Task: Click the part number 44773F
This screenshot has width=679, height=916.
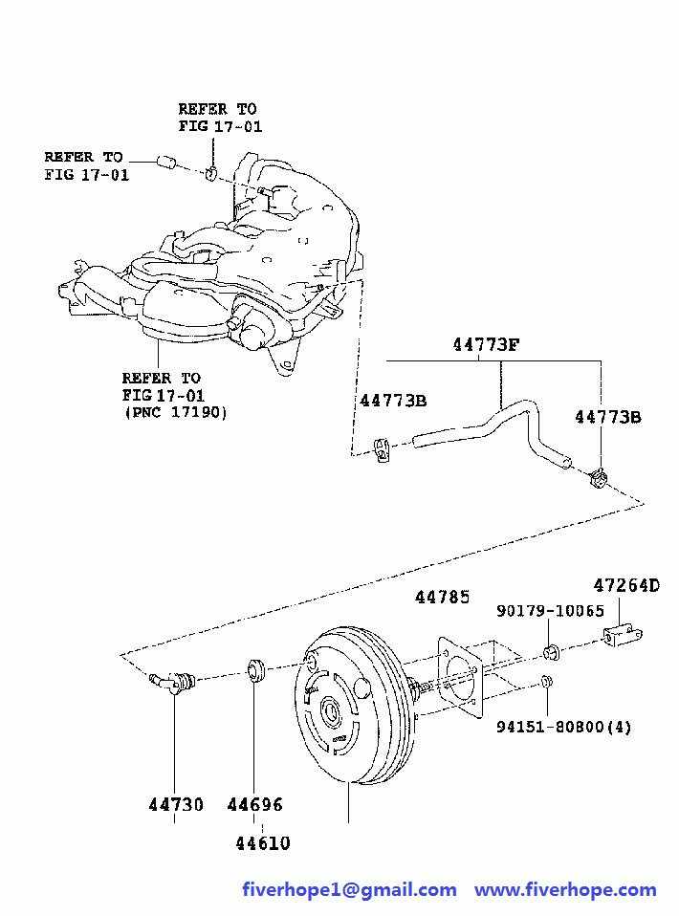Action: (485, 345)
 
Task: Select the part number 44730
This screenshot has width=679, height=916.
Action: (175, 805)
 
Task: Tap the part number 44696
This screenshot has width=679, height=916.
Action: (254, 805)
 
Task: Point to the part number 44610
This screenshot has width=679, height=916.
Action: (262, 843)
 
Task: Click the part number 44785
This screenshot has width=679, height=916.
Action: (442, 598)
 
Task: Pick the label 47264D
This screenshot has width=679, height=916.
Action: (627, 585)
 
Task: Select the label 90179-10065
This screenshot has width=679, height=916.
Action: (550, 612)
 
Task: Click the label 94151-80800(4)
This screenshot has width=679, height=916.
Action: (564, 727)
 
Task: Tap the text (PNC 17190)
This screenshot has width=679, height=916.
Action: (175, 412)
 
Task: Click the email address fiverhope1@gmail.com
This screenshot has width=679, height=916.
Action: (349, 890)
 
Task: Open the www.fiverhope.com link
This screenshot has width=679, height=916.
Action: (565, 890)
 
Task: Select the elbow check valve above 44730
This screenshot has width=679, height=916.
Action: (174, 683)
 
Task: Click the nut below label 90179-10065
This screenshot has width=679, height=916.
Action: (550, 653)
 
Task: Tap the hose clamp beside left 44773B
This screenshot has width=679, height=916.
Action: (383, 447)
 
